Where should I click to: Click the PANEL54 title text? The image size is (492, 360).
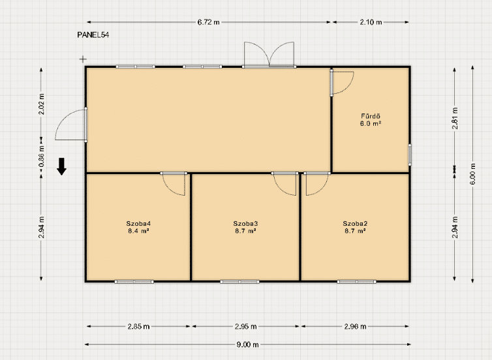[93, 35]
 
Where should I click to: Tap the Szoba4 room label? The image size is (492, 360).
[138, 224]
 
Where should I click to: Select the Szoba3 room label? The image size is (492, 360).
[245, 224]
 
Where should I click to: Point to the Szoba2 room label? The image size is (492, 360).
[355, 224]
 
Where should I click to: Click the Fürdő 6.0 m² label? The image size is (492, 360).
[371, 120]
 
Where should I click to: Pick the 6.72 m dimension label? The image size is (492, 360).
[208, 22]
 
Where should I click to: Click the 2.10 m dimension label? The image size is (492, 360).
[371, 22]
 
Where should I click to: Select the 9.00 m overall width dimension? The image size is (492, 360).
[247, 344]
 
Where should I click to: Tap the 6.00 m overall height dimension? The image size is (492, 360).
[473, 174]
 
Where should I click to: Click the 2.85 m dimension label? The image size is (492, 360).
[138, 327]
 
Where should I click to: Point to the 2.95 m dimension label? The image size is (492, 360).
[246, 327]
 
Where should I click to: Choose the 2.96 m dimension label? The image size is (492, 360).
[355, 327]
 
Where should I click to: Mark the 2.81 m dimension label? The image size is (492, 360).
[455, 118]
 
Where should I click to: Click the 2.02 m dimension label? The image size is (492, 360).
[41, 104]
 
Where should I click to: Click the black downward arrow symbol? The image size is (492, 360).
[61, 166]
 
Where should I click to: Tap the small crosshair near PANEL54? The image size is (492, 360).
[83, 59]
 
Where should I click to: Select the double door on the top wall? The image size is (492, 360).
[269, 55]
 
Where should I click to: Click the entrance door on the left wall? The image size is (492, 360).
[71, 125]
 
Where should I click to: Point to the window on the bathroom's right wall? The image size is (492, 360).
[410, 155]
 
